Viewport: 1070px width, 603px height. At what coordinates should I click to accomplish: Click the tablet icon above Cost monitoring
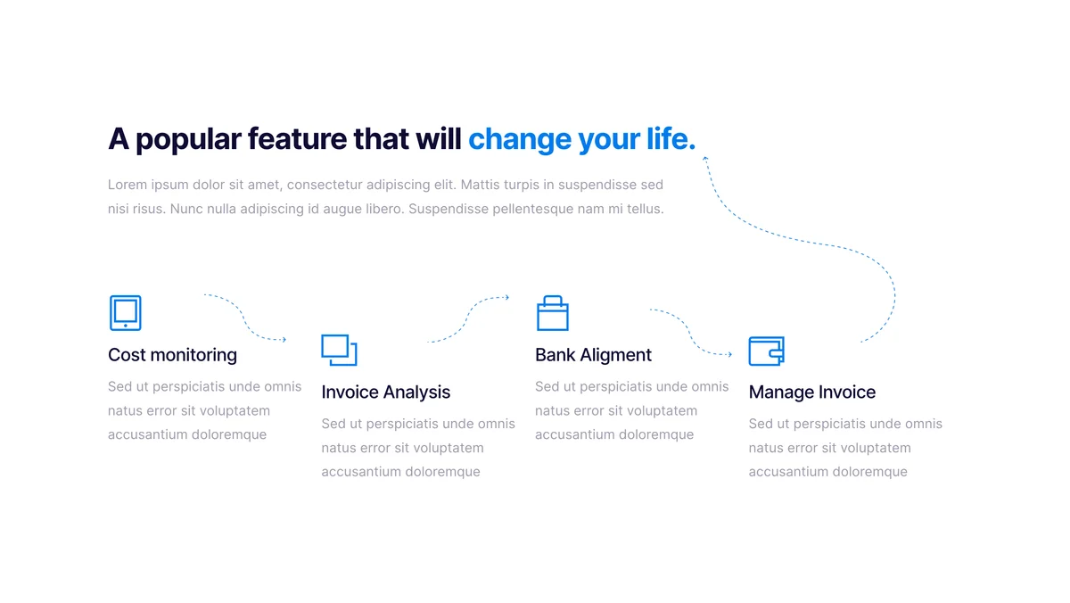125,312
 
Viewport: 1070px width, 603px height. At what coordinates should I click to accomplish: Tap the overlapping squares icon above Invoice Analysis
339,350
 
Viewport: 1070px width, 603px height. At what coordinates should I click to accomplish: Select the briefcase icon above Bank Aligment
553,313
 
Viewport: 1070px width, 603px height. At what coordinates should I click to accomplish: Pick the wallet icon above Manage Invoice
766,351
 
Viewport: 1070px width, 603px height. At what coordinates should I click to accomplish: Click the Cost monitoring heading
172,355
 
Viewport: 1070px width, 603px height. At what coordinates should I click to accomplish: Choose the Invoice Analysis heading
385,392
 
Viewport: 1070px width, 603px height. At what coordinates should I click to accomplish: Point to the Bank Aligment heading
593,355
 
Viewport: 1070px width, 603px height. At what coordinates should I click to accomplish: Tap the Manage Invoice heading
812,392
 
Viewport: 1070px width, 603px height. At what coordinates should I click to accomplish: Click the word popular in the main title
188,140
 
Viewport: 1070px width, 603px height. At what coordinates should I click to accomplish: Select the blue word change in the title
520,140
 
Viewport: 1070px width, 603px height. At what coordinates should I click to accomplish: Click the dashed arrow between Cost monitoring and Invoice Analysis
244,318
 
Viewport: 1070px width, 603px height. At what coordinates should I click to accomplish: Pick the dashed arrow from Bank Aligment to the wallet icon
689,333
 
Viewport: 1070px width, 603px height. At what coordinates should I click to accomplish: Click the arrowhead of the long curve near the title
705,159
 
